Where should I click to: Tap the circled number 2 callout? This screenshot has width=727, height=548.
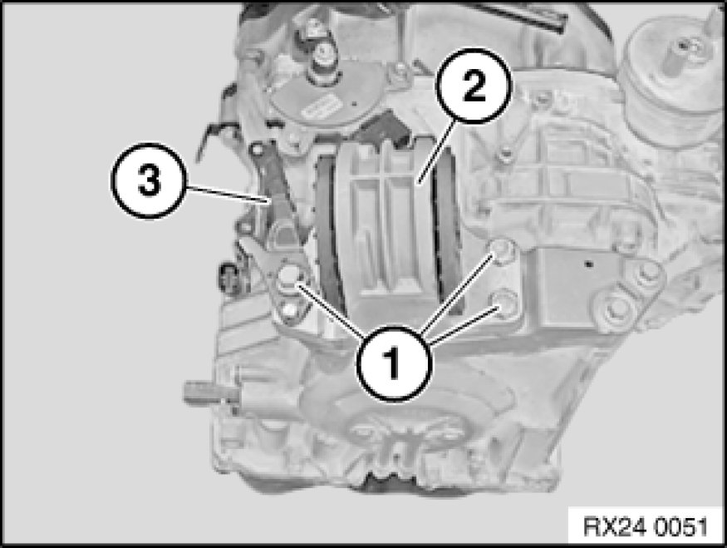tap(474, 86)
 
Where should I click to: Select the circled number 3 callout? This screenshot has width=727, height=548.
tap(149, 181)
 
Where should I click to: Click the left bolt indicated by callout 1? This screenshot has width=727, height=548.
tap(289, 278)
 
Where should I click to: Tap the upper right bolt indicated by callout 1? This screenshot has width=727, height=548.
tap(503, 251)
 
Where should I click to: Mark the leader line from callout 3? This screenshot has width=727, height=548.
tap(228, 194)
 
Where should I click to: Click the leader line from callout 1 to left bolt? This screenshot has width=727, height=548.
tap(331, 311)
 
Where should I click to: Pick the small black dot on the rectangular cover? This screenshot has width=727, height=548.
tap(589, 264)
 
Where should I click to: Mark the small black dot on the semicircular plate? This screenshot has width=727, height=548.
tap(354, 103)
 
